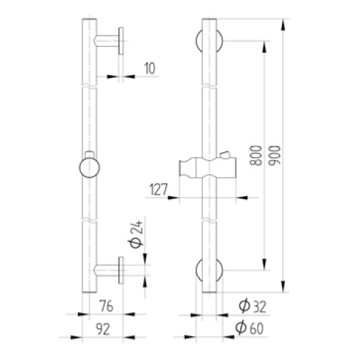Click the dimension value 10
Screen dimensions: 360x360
pos(150,68)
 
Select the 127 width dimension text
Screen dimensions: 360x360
pos(159,189)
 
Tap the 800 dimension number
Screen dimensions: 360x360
pos(256,156)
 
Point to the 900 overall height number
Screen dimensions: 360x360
pos(274,156)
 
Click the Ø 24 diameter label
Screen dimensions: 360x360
pos(136,234)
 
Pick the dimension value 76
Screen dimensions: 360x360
pos(106,306)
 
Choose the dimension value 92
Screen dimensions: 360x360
pos(103,329)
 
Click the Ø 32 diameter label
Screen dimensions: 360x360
pos(253,306)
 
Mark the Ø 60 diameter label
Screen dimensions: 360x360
pos(249,328)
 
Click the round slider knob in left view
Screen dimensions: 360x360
pos(90,168)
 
